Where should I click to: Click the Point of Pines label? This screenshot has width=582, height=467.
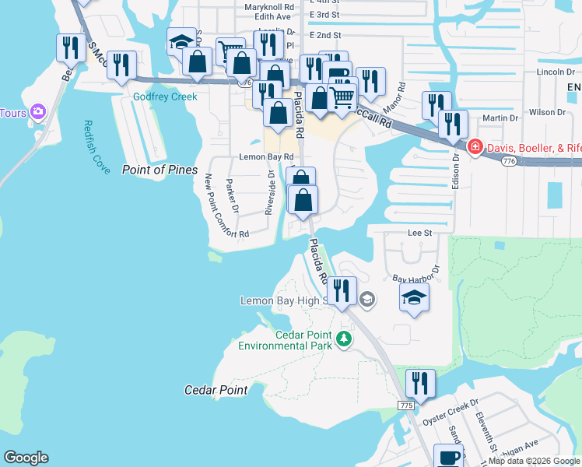pyautogui.click(x=160, y=170)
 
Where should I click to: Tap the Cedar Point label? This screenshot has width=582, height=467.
pyautogui.click(x=216, y=390)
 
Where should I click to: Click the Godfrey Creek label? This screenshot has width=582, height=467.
pyautogui.click(x=165, y=97)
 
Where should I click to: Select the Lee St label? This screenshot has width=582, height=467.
pyautogui.click(x=419, y=232)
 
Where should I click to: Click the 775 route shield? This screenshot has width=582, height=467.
pyautogui.click(x=405, y=406)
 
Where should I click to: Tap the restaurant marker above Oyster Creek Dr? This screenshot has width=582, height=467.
pyautogui.click(x=420, y=384)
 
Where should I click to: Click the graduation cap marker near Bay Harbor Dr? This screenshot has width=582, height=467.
pyautogui.click(x=414, y=297)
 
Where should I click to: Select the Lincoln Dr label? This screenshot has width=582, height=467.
pyautogui.click(x=549, y=72)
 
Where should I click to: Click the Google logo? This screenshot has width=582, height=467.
pyautogui.click(x=26, y=458)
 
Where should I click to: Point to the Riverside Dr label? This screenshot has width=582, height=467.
pyautogui.click(x=270, y=193)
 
